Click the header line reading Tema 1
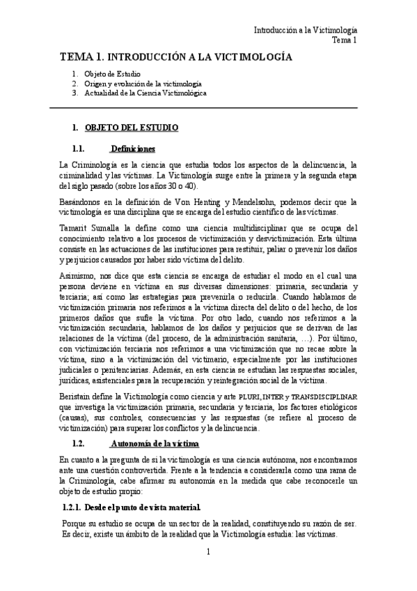point(344,40)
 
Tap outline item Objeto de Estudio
point(112,74)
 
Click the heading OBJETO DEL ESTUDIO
point(131,128)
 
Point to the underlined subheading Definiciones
point(132,148)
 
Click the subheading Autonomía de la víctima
point(155,443)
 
